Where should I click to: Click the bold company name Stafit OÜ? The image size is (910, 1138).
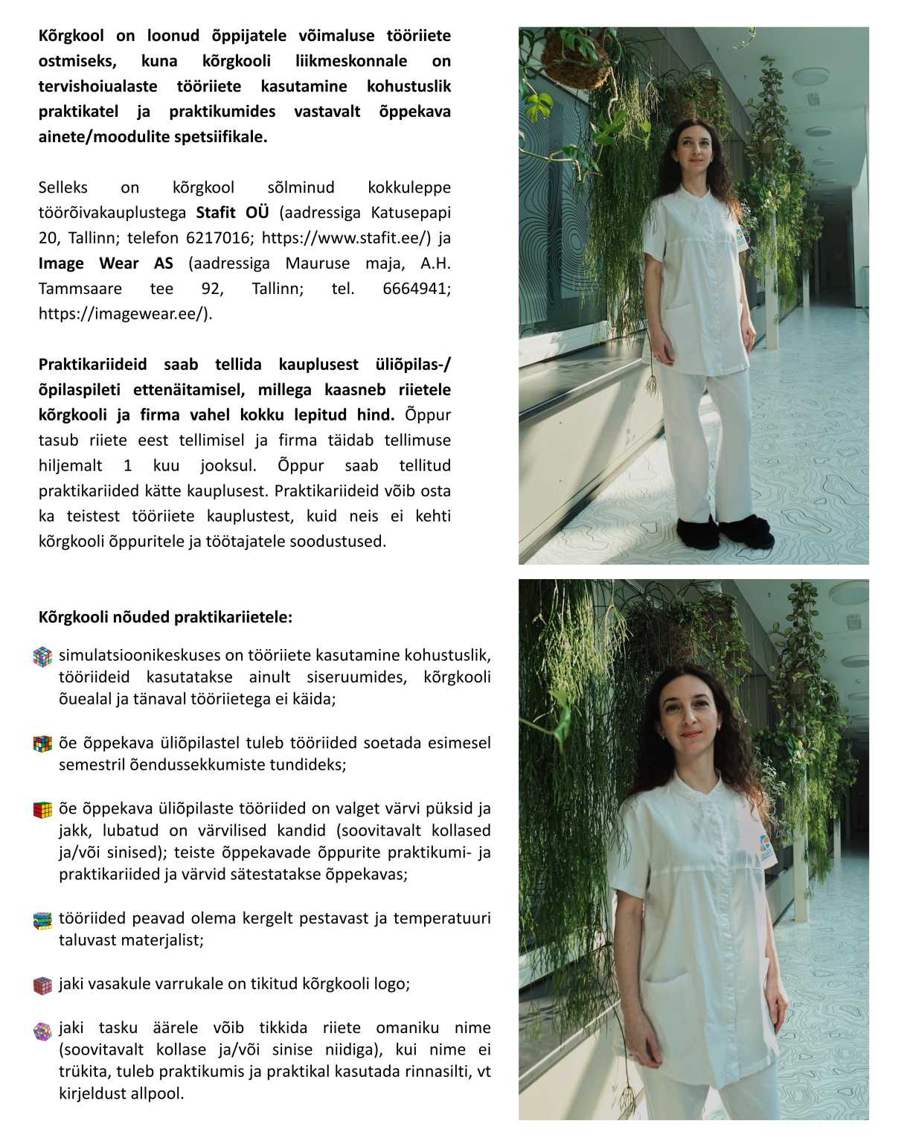tap(232, 213)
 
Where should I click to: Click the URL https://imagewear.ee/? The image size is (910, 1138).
tap(124, 314)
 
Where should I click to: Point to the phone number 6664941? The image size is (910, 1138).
tap(416, 289)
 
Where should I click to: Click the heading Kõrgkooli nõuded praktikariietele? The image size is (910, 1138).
tap(165, 617)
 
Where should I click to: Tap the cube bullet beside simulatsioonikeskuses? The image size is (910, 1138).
tap(42, 656)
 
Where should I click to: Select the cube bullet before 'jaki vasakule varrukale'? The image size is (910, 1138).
tap(42, 985)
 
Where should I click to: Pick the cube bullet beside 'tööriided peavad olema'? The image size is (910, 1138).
tap(42, 920)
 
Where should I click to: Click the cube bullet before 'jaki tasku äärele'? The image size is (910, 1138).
tap(42, 1030)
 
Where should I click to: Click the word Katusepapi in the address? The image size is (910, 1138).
tap(411, 213)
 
